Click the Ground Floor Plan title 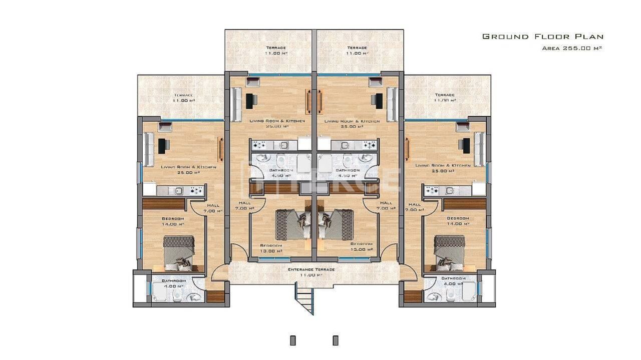pyautogui.click(x=542, y=37)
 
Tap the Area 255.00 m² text pyautogui.click(x=571, y=49)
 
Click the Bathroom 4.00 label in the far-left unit pyautogui.click(x=173, y=283)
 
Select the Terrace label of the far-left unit pyautogui.click(x=183, y=98)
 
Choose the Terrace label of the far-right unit pyautogui.click(x=445, y=97)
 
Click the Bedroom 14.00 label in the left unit pyautogui.click(x=173, y=221)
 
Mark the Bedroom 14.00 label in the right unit pyautogui.click(x=458, y=221)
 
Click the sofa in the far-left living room pyautogui.click(x=149, y=149)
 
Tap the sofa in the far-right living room pyautogui.click(x=479, y=149)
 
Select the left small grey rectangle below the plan pyautogui.click(x=293, y=340)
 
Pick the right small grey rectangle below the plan pyautogui.click(x=336, y=340)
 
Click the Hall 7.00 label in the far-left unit pyautogui.click(x=213, y=208)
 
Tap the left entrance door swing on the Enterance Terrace pyautogui.click(x=219, y=273)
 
